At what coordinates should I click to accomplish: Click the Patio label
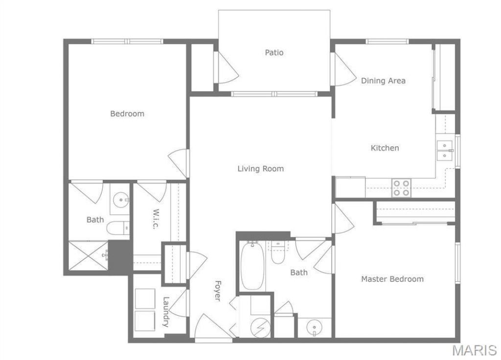tap(274, 52)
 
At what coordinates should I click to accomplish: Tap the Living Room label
tap(260, 169)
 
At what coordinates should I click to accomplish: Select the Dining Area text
tap(383, 81)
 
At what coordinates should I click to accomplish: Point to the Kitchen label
tap(385, 148)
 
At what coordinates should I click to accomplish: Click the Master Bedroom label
tap(392, 279)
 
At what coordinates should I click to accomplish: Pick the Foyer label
tap(218, 291)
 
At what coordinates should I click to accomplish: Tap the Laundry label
tap(165, 312)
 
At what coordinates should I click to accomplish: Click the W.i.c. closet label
tap(156, 219)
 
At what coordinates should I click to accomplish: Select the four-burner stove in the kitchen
tap(401, 188)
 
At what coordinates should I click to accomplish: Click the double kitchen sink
tap(444, 151)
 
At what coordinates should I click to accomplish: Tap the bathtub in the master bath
tap(252, 266)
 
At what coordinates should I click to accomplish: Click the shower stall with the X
tap(89, 255)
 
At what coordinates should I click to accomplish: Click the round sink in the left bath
tap(121, 200)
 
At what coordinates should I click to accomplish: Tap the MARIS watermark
tap(475, 350)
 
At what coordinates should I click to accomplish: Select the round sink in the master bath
tap(314, 328)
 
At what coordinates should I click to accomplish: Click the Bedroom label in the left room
tap(127, 113)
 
